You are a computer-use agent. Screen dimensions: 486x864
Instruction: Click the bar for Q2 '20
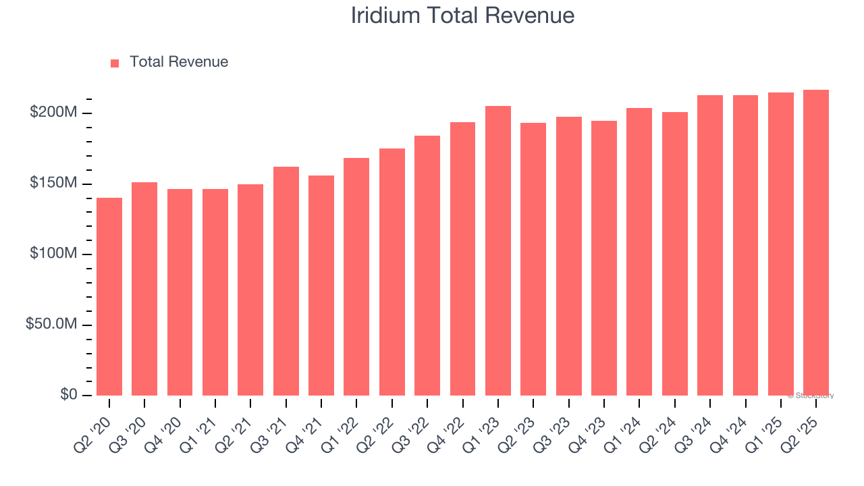click(x=109, y=296)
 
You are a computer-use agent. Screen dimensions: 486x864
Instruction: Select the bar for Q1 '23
click(x=498, y=250)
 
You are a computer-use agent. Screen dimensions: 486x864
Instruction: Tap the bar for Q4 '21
click(x=321, y=286)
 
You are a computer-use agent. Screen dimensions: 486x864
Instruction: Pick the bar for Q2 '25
click(x=816, y=242)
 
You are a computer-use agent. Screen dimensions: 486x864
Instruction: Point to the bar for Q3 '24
click(x=710, y=245)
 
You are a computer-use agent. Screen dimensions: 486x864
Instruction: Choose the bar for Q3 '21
click(x=286, y=281)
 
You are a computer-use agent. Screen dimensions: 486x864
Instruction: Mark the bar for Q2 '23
click(x=533, y=259)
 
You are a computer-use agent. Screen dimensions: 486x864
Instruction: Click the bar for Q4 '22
click(x=462, y=259)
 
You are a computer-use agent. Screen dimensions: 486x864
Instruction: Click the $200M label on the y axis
click(x=53, y=112)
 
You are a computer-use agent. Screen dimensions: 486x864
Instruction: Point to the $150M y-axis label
click(x=53, y=183)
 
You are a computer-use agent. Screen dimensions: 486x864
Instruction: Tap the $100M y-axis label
click(x=53, y=254)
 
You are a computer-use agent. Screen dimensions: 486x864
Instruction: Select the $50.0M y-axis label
click(x=51, y=325)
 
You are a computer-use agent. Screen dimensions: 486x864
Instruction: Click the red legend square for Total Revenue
click(x=115, y=63)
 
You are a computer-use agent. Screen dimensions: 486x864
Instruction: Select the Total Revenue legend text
click(x=179, y=62)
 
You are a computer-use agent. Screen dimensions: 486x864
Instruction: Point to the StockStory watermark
click(x=811, y=396)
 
